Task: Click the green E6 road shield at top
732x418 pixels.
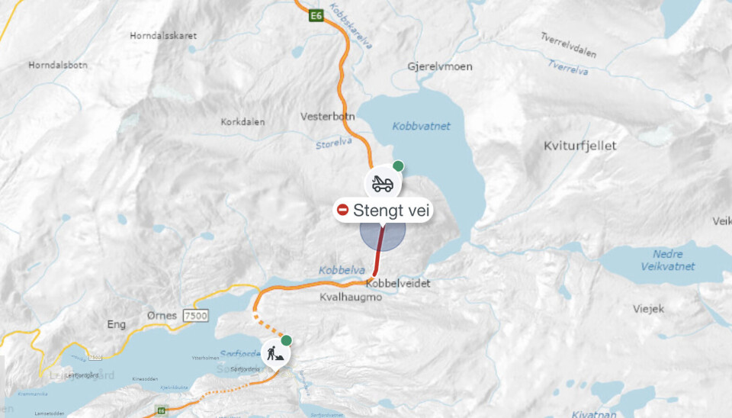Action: click(315, 15)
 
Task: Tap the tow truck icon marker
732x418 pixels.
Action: click(381, 184)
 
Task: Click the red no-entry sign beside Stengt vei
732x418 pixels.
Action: click(343, 210)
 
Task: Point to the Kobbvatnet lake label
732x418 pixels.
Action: click(422, 126)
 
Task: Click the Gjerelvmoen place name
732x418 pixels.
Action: click(440, 66)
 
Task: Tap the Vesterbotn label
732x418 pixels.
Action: click(327, 117)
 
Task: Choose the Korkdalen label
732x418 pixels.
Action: click(243, 121)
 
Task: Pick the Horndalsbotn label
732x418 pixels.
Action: click(58, 65)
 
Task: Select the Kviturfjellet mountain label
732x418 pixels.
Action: click(580, 145)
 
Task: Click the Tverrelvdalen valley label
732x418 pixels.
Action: click(568, 46)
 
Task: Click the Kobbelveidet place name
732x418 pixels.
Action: click(398, 283)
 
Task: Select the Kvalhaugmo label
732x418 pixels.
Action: click(350, 297)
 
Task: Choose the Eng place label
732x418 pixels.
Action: click(116, 324)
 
